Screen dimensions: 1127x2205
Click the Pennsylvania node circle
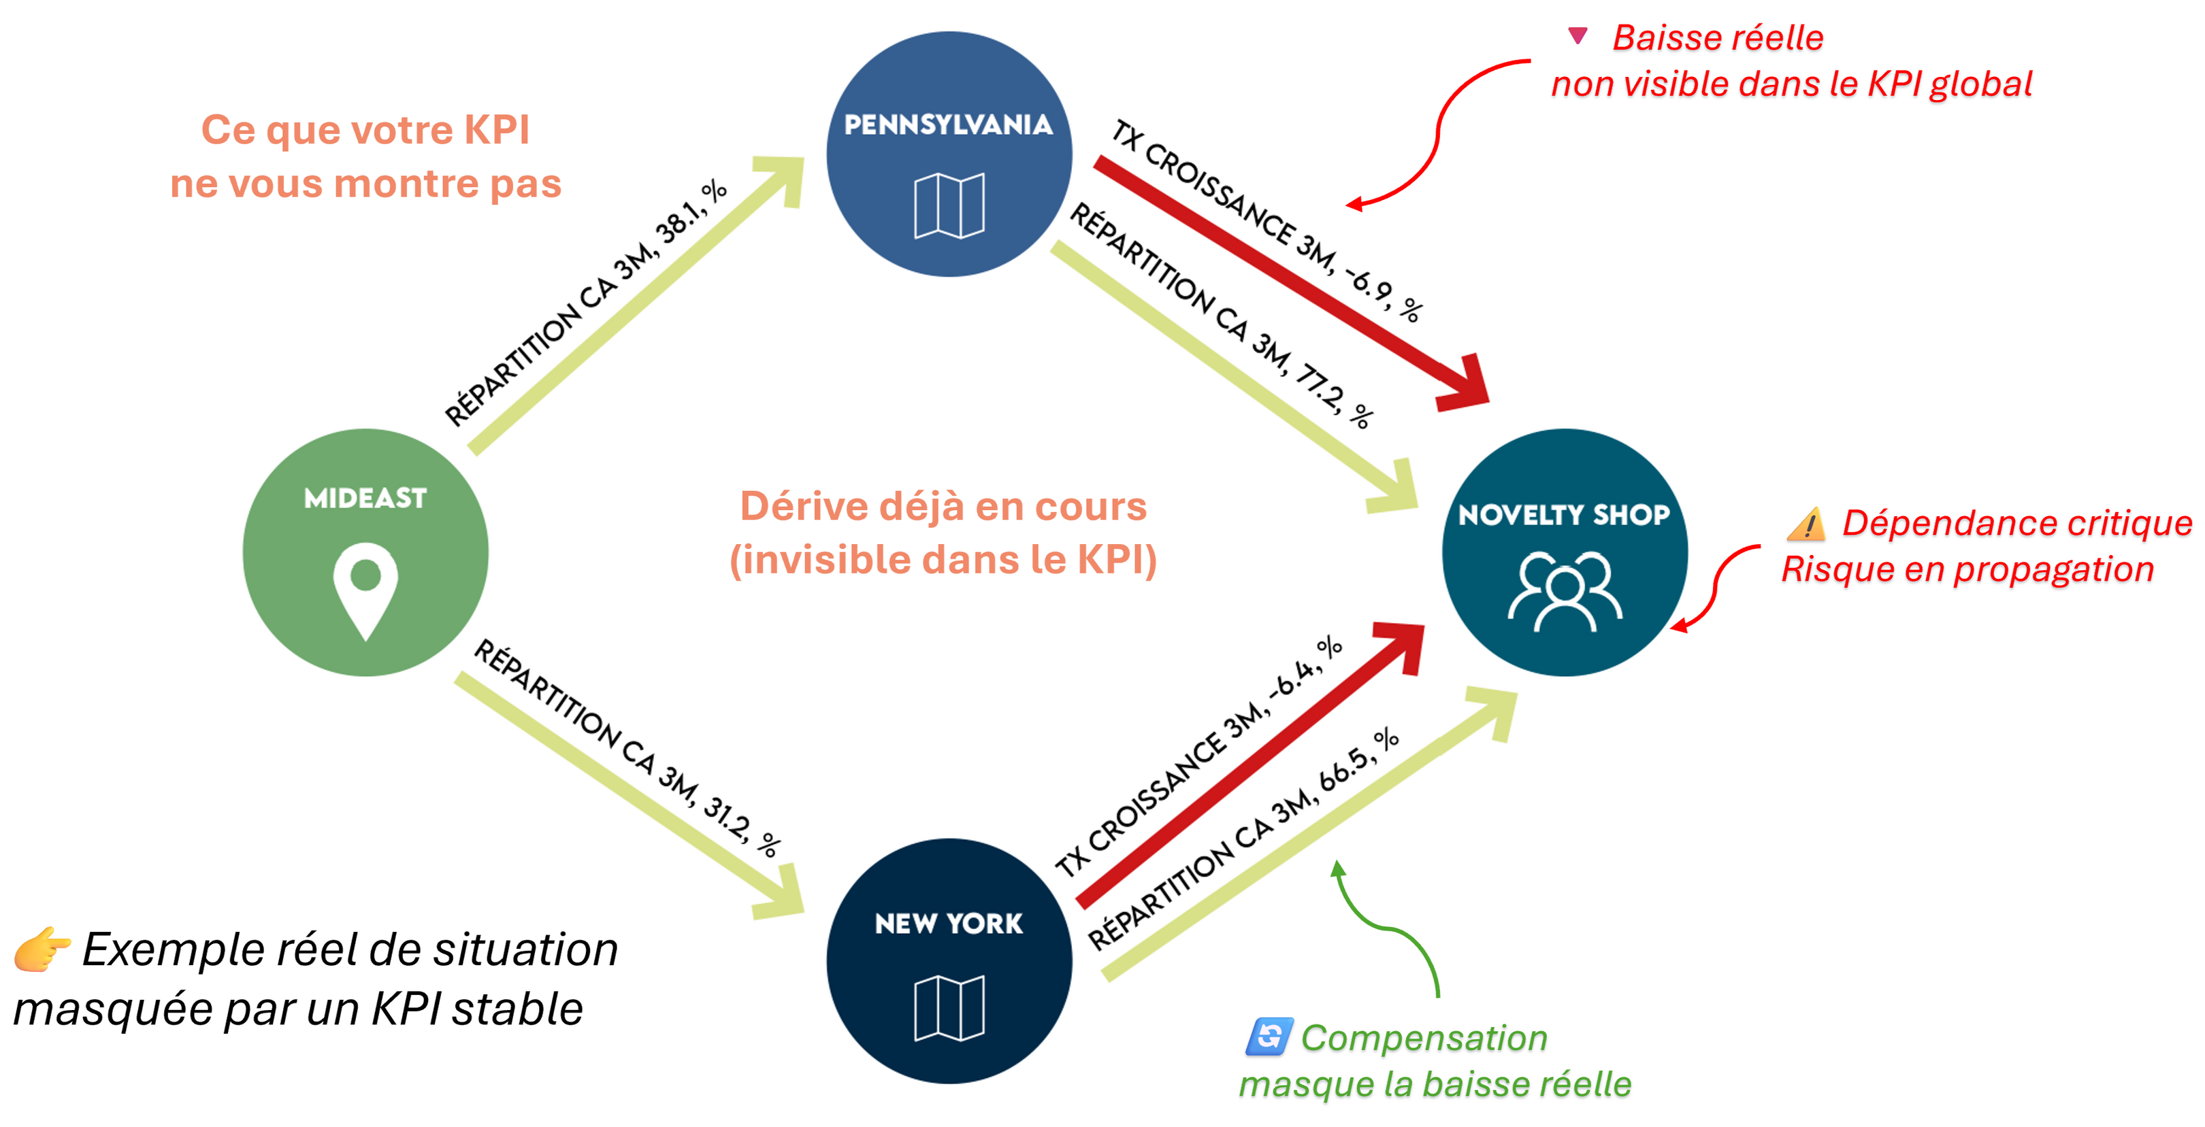[949, 154]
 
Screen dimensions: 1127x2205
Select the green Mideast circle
[365, 552]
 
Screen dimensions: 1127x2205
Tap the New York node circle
[949, 961]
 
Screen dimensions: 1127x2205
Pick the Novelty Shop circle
[1564, 552]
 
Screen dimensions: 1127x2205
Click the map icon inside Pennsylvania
[949, 205]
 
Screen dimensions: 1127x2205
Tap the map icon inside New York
[949, 1008]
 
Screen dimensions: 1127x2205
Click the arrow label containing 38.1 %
[587, 304]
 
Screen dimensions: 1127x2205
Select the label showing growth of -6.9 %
[1267, 221]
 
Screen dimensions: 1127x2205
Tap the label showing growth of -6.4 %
[1198, 757]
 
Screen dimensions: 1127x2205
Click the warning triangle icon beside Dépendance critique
[1806, 524]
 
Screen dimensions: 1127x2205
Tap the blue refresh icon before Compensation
[1269, 1037]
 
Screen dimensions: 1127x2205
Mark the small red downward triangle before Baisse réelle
[1578, 36]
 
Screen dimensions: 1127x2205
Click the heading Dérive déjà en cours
[943, 506]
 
